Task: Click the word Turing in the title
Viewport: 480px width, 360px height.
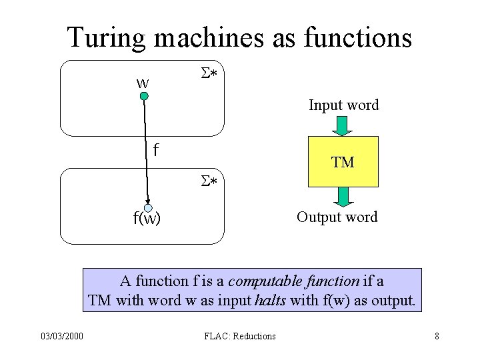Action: [107, 37]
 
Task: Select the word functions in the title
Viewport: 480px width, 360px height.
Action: [357, 37]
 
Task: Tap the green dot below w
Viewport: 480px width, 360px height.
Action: [143, 97]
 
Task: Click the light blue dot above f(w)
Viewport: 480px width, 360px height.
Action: [148, 208]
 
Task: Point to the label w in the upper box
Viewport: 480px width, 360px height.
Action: [142, 83]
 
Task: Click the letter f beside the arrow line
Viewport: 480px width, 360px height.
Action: [155, 149]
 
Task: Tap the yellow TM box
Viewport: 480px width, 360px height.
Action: [343, 161]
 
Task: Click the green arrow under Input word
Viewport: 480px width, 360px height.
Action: [343, 125]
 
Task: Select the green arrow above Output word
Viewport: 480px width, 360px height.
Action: [343, 196]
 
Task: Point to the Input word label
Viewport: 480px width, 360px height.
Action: [343, 105]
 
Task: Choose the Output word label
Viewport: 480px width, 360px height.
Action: [337, 217]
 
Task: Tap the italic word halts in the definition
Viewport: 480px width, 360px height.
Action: [271, 300]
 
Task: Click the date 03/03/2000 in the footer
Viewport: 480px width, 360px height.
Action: [61, 336]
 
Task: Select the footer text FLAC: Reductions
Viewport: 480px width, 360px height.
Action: [240, 336]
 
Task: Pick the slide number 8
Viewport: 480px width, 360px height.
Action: [437, 336]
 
